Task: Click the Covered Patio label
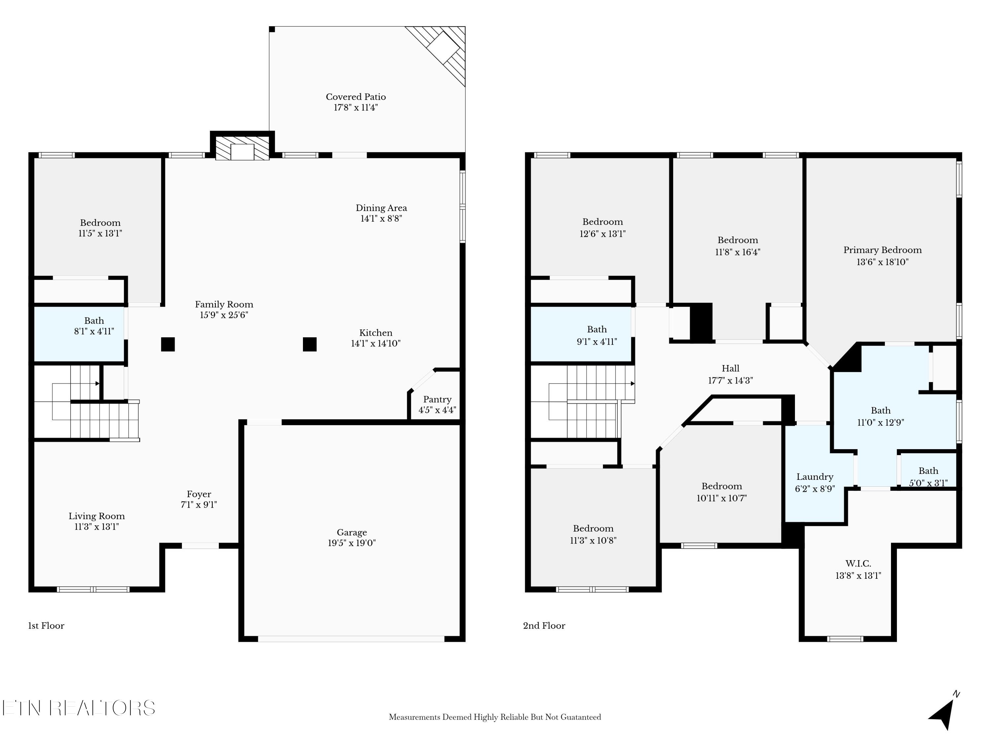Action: pos(356,97)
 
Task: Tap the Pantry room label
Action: pos(437,399)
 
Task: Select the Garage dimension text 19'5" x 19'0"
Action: pos(352,543)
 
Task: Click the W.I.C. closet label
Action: pos(858,564)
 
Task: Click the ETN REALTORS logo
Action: pos(79,708)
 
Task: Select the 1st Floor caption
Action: pos(46,626)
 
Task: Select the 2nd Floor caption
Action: pos(544,626)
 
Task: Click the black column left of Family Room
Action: pos(168,344)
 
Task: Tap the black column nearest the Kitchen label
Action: pos(310,344)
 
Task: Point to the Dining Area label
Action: pos(381,208)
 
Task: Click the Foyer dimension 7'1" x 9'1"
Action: pos(199,505)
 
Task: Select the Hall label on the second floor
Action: pos(730,369)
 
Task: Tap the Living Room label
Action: pos(97,516)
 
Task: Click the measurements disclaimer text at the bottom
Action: pos(495,717)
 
